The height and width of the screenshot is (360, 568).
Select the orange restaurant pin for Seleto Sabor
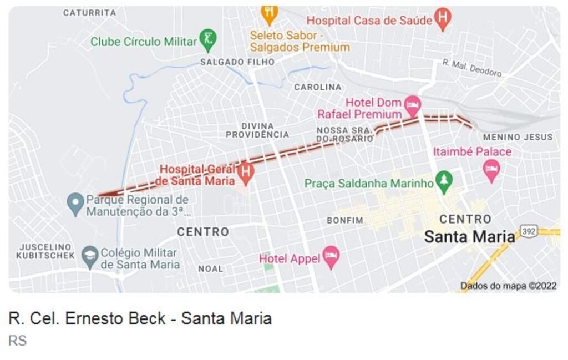pyautogui.click(x=269, y=13)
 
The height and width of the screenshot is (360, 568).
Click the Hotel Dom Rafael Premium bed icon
pyautogui.click(x=412, y=103)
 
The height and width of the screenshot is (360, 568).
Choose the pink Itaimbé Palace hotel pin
pyautogui.click(x=491, y=169)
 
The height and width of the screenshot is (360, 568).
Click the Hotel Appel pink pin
pyautogui.click(x=331, y=256)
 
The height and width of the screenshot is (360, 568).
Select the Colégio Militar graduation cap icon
pyautogui.click(x=90, y=255)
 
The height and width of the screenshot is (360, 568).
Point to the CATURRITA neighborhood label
pyautogui.click(x=89, y=12)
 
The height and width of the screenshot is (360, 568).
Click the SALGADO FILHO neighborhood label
pyautogui.click(x=237, y=62)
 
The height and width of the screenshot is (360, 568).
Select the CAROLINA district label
pyautogui.click(x=318, y=87)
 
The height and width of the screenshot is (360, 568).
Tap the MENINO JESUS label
pyautogui.click(x=518, y=137)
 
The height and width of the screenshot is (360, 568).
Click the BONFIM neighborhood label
pyautogui.click(x=344, y=220)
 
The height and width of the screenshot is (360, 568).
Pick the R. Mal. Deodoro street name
pyautogui.click(x=471, y=68)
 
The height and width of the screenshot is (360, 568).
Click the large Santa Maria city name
pyautogui.click(x=469, y=237)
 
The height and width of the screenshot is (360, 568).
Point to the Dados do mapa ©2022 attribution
pyautogui.click(x=508, y=286)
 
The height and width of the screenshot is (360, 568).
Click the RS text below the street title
pyautogui.click(x=17, y=341)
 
